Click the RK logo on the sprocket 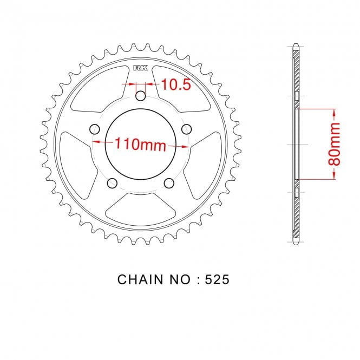point(141,68)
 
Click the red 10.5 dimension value point(176,84)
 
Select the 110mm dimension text point(140,144)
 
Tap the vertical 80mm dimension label point(334,144)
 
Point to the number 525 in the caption point(217,279)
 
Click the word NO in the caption point(180,279)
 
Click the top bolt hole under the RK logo point(141,96)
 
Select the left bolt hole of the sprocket point(94,129)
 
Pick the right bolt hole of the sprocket point(186,129)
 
